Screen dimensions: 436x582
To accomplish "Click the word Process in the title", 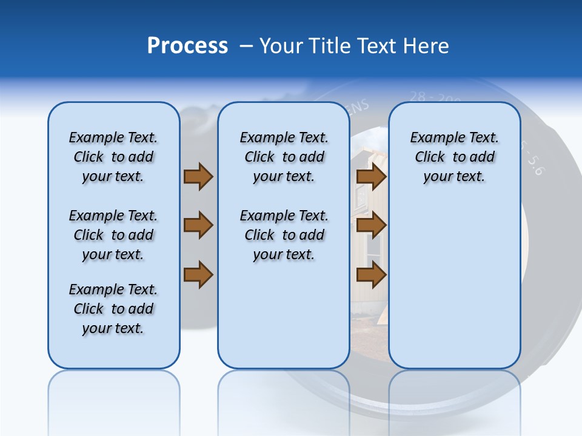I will coord(187,46).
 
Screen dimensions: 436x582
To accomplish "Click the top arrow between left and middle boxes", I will coord(198,177).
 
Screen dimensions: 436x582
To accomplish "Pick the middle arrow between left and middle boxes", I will coord(198,225).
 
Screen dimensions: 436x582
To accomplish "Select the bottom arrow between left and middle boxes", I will coord(198,275).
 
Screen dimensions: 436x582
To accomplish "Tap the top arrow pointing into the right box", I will coord(371,177).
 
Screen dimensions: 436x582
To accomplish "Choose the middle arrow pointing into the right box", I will coord(371,225).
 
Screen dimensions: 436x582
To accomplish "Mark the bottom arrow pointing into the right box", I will coord(371,275).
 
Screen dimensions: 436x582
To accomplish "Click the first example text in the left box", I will coord(113,157).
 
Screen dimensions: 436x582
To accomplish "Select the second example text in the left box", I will coord(113,235).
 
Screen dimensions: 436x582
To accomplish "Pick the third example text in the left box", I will coord(113,309).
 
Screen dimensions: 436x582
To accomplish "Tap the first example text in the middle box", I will coord(284,157).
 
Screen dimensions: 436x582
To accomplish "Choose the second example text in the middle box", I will coord(284,235).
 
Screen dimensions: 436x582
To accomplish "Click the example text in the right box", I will coord(454,157).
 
